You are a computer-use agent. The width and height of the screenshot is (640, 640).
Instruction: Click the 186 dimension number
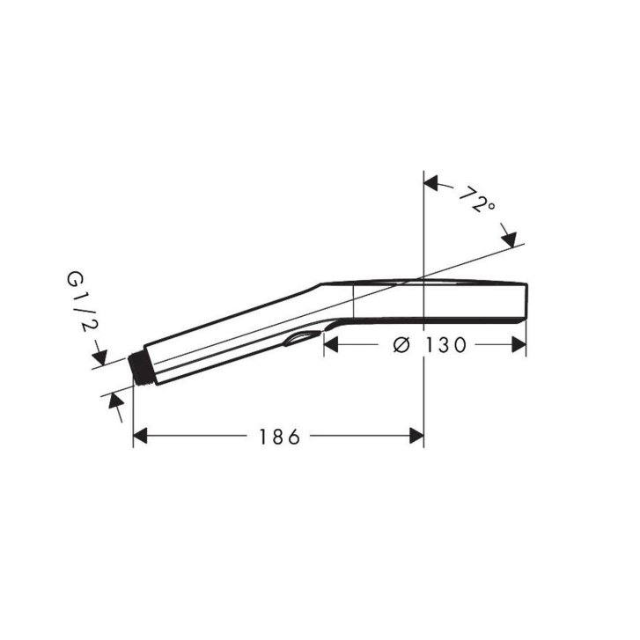[280, 438]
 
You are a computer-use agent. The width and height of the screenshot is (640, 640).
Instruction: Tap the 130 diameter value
[445, 345]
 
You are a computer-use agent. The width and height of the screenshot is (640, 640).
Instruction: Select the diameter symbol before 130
[401, 345]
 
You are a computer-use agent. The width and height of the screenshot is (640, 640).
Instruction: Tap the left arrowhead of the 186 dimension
[140, 436]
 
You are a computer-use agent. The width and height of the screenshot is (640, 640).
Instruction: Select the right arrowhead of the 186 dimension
[416, 436]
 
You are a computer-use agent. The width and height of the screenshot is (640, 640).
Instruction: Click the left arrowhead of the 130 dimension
[331, 345]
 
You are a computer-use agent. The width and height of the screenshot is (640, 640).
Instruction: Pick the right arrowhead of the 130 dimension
[519, 345]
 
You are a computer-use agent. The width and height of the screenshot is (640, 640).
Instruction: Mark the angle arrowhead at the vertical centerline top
[431, 182]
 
